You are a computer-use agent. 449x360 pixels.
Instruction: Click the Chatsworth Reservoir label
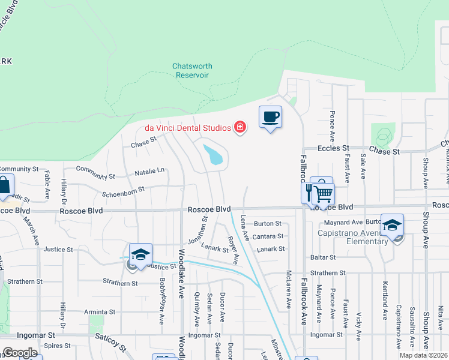192,71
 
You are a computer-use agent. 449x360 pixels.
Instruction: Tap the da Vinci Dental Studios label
188,128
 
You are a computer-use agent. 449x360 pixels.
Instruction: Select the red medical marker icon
240,127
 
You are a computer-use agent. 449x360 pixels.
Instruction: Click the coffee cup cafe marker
270,116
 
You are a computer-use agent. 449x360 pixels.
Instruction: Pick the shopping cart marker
324,194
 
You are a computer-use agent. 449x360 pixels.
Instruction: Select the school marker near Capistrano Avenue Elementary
392,226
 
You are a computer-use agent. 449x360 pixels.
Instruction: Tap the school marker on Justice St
140,254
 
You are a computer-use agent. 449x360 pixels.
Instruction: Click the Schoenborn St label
123,189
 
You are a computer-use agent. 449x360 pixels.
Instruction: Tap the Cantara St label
268,236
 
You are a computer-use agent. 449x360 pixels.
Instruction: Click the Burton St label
268,224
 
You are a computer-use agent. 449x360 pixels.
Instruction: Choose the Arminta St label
99,312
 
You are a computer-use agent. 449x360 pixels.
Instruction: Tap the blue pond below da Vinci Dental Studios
213,155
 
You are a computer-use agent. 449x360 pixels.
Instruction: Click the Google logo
20,353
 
